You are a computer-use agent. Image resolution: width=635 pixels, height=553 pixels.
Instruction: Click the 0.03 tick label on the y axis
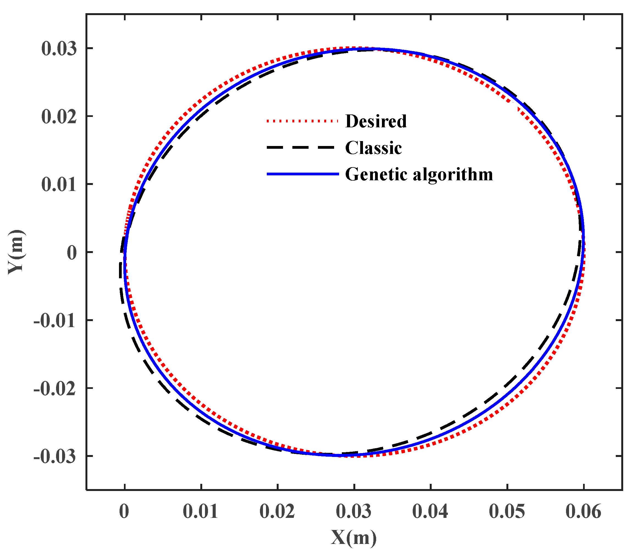pos(59,49)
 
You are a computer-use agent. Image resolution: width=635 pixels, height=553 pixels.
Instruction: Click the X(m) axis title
pos(354,538)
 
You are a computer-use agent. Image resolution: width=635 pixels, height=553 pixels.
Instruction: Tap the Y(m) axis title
pos(16,252)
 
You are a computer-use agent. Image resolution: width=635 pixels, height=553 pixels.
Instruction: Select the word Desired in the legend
pos(376,121)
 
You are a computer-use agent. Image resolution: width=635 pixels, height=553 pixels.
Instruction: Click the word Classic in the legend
pos(373,148)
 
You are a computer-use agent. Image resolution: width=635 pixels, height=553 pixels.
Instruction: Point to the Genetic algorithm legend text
pos(419,174)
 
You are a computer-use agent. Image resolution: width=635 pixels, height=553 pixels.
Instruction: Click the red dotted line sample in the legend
pos(302,121)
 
